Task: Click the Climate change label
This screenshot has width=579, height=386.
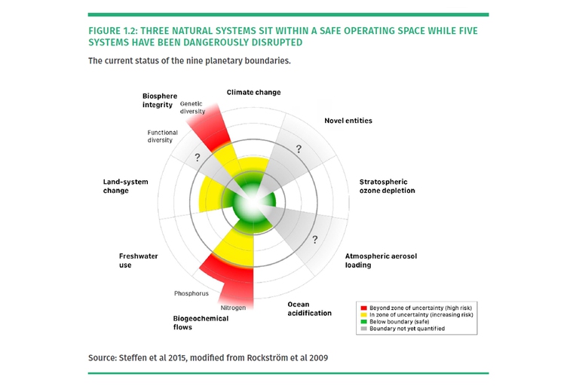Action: [253, 93]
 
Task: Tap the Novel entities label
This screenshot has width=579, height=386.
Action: [348, 121]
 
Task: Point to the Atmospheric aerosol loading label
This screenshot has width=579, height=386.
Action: [380, 260]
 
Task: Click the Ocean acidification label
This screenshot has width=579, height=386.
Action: [309, 308]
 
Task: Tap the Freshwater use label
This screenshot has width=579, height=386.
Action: [138, 260]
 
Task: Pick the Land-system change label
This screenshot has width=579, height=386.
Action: [126, 186]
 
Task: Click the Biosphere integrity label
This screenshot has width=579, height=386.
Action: [159, 100]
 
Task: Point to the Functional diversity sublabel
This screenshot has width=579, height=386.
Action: [162, 136]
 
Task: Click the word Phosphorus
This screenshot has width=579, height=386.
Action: [191, 293]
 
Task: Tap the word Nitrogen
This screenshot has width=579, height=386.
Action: [233, 308]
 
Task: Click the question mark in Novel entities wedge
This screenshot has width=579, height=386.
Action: [299, 149]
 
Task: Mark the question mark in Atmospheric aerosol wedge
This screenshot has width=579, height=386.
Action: [314, 240]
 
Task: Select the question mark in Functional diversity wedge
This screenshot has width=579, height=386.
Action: [198, 158]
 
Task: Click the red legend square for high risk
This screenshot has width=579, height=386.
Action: [363, 308]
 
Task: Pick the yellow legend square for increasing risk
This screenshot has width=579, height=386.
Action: [363, 315]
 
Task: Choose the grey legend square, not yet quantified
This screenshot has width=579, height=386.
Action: [363, 329]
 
